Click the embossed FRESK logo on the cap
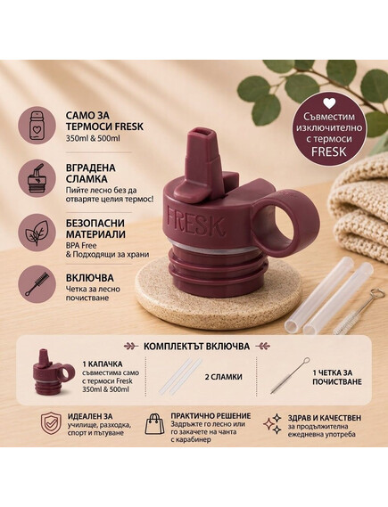pos(195,222)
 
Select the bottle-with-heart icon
pos(37,127)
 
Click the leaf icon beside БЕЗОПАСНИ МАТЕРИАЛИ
pos(37,233)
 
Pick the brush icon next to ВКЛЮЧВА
pos(37,284)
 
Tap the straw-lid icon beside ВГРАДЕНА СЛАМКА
pos(37,179)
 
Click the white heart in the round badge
pos(329,103)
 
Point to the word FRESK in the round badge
pos(329,151)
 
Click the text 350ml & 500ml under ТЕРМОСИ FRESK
pos(93,138)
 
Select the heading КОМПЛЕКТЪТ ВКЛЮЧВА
pos(196,347)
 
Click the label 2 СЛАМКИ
pos(224,377)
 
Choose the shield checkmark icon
pos(51,423)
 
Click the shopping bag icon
pos(154,424)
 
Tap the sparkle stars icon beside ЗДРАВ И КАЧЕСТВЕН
pos(272,423)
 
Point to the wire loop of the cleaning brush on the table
pos(377,293)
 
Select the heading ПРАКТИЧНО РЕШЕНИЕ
pos(211,416)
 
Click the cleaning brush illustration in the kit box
pos(290,375)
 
